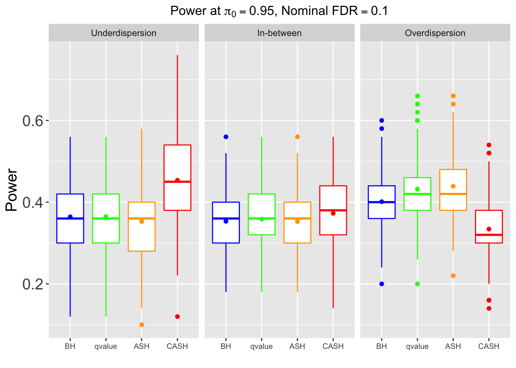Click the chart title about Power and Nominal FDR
tap(279, 11)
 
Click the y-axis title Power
tap(12, 190)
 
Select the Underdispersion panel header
tap(124, 33)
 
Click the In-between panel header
tap(279, 33)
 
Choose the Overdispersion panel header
tap(435, 33)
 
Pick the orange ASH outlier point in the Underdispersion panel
tap(142, 325)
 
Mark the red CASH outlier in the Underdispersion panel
tap(177, 317)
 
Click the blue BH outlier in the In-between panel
tap(226, 137)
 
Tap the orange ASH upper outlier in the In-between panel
tap(298, 137)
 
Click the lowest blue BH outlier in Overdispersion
tap(382, 284)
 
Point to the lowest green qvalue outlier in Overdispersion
tap(417, 284)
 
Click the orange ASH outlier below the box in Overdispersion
tap(453, 276)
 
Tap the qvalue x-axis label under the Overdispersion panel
tap(417, 347)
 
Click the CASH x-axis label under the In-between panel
tap(333, 347)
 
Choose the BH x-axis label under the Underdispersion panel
tap(70, 347)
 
